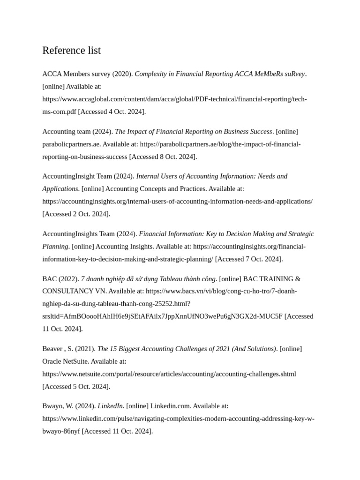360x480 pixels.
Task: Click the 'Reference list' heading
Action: [x=71, y=51]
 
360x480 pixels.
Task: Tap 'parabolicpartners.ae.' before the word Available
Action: [x=71, y=144]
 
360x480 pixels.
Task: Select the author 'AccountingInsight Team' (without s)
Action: [x=77, y=176]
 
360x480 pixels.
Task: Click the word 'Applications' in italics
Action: [x=60, y=189]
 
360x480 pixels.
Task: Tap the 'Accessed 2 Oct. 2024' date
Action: [x=76, y=214]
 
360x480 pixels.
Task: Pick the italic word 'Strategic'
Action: [x=300, y=234]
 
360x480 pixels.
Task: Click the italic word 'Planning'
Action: [x=55, y=247]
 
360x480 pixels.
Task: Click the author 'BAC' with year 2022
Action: [x=49, y=279]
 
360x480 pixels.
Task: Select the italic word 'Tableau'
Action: [x=172, y=279]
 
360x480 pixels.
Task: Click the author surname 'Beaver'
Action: [x=52, y=349]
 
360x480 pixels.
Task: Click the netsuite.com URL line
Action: [x=169, y=375]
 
